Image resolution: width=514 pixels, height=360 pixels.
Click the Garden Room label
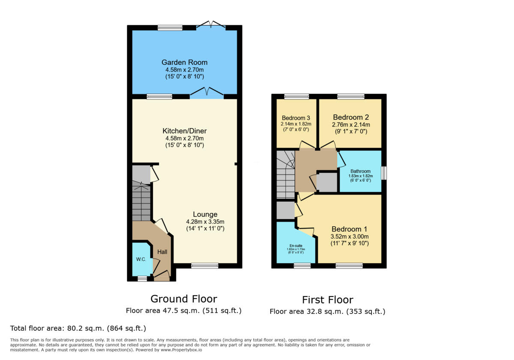pos(184,62)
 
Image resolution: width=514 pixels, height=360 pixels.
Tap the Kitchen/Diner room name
pos(184,131)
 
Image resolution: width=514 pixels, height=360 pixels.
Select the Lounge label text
pos(205,214)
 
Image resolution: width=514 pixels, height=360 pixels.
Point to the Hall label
pos(162,252)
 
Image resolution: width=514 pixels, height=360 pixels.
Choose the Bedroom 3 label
pos(296,118)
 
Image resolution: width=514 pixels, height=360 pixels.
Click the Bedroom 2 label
pos(351,117)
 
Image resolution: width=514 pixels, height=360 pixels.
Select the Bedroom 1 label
pos(349,229)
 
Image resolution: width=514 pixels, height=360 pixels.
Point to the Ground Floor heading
pos(184,299)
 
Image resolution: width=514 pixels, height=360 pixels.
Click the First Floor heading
pos(328,300)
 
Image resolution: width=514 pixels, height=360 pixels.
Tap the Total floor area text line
pos(78,329)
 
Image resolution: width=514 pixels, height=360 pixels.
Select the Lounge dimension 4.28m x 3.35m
pos(205,222)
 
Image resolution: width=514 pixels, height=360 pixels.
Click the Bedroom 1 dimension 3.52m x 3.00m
pos(349,236)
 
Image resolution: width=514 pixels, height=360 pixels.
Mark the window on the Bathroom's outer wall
pos(384,173)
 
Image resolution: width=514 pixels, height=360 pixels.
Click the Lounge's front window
pos(204,266)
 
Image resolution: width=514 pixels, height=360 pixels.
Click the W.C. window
pos(142,279)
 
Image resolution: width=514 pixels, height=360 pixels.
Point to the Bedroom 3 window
pos(296,96)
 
